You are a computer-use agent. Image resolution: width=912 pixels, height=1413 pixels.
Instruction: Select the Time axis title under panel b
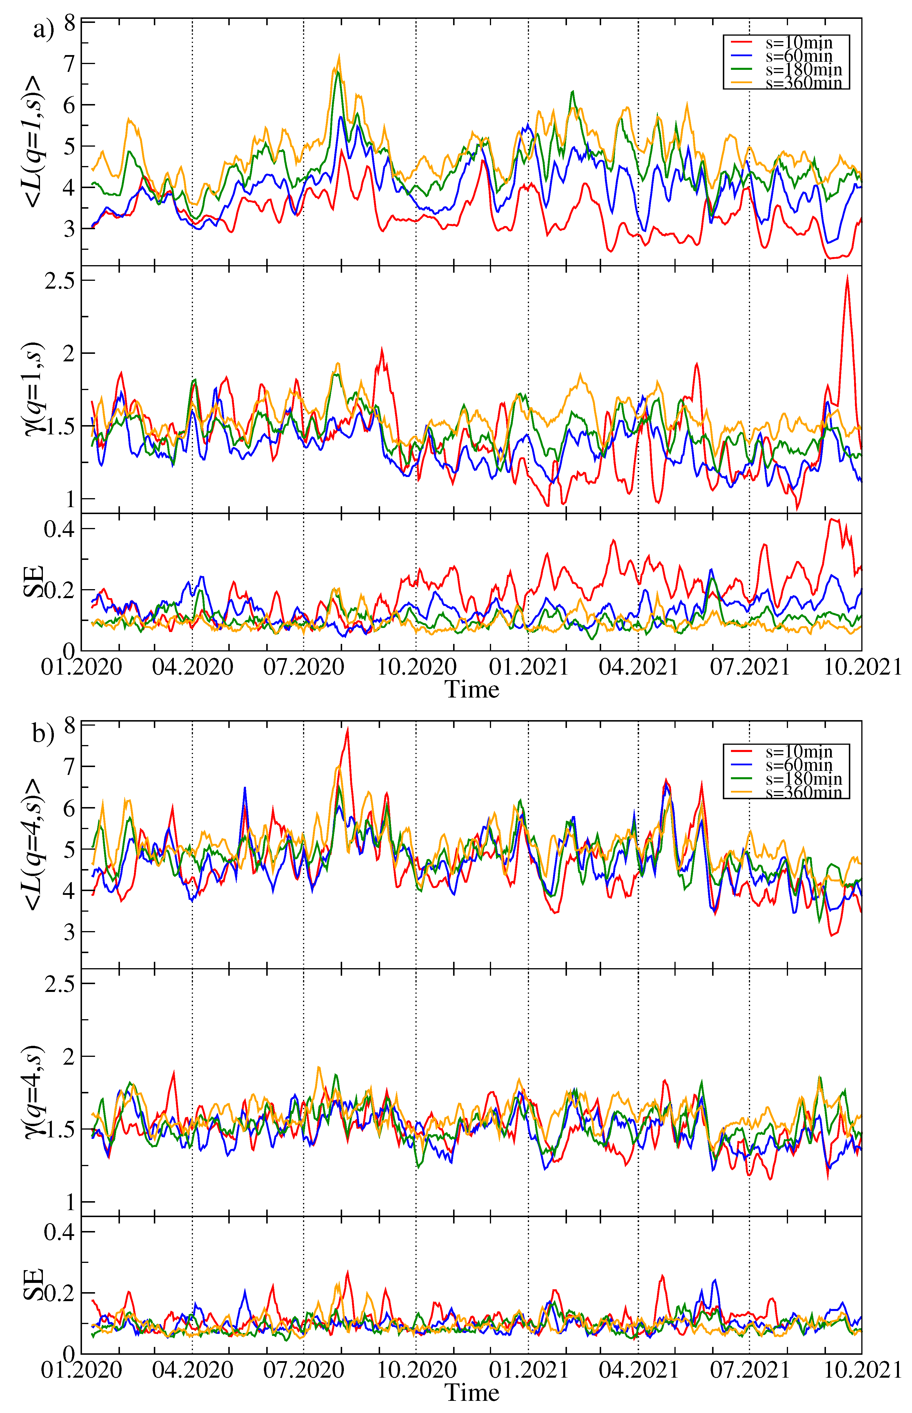pyautogui.click(x=472, y=1393)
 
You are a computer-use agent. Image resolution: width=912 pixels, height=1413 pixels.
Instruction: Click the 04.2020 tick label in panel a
pyautogui.click(x=192, y=667)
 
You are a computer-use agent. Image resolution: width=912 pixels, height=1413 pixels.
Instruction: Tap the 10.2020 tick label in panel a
pyautogui.click(x=416, y=667)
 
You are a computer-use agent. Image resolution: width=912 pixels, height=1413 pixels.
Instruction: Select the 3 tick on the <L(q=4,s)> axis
pyautogui.click(x=70, y=932)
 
